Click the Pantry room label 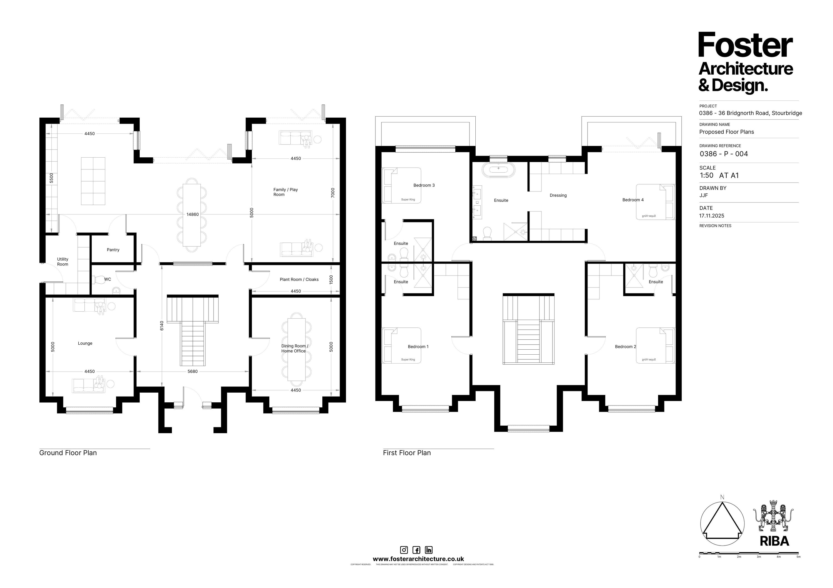pyautogui.click(x=113, y=250)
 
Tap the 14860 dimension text pyautogui.click(x=193, y=214)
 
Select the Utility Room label pyautogui.click(x=62, y=262)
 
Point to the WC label pyautogui.click(x=107, y=279)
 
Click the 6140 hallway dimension pyautogui.click(x=162, y=325)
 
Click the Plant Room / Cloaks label pyautogui.click(x=299, y=279)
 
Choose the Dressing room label pyautogui.click(x=558, y=195)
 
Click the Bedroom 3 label pyautogui.click(x=424, y=185)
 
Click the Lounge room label pyautogui.click(x=85, y=343)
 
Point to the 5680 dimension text pyautogui.click(x=192, y=372)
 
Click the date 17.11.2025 pyautogui.click(x=711, y=216)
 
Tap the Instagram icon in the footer pyautogui.click(x=404, y=550)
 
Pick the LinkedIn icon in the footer pyautogui.click(x=428, y=550)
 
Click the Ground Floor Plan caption pyautogui.click(x=68, y=453)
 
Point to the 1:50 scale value pyautogui.click(x=706, y=175)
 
